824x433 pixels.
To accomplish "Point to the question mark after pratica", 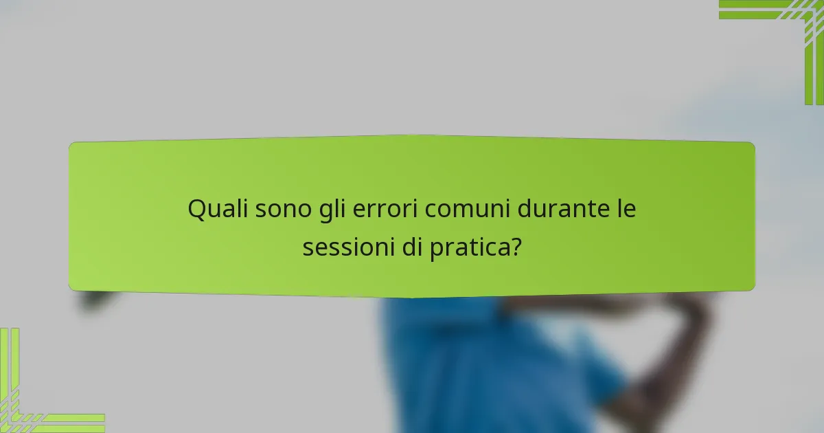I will pos(514,247).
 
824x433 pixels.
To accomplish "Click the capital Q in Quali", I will pos(197,209).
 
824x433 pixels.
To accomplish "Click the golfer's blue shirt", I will pos(481,364).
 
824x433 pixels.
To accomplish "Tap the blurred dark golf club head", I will pos(96,298).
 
